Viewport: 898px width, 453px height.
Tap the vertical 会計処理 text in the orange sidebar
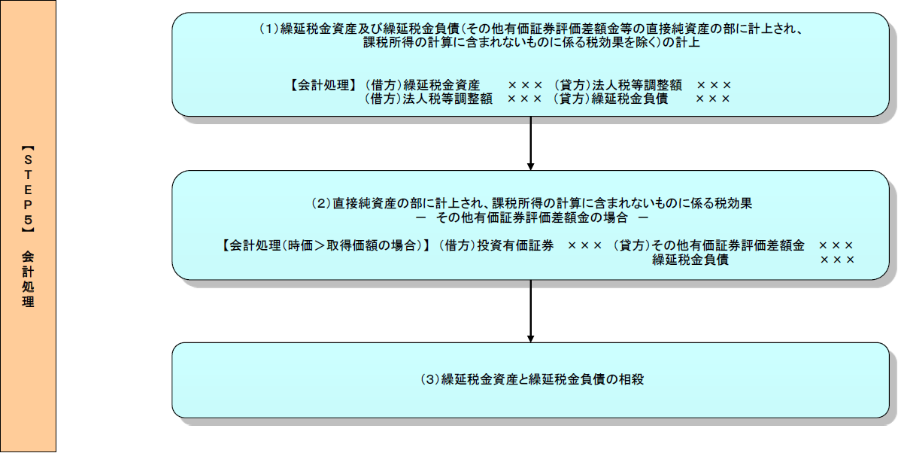pos(29,278)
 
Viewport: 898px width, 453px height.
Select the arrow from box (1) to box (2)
pos(531,143)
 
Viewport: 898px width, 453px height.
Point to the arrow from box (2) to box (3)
pos(531,311)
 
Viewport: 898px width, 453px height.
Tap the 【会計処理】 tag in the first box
pos(322,85)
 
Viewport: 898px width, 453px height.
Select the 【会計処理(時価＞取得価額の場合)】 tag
pos(326,245)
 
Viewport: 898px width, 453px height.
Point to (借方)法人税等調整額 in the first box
pos(429,99)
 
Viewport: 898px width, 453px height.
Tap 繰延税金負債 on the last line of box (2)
pos(690,260)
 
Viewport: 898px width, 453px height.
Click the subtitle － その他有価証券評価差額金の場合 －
pos(532,217)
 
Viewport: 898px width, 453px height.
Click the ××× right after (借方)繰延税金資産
pos(524,85)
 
